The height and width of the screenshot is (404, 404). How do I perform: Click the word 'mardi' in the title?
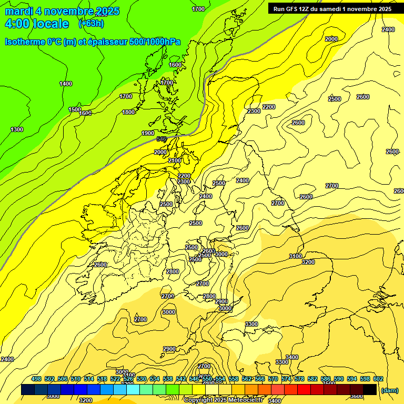pyautogui.click(x=19, y=11)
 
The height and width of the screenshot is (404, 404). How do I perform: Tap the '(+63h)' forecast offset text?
pyautogui.click(x=91, y=23)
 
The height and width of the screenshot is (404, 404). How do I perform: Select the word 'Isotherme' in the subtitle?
pyautogui.click(x=25, y=42)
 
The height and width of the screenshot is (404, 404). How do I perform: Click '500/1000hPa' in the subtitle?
pyautogui.click(x=157, y=42)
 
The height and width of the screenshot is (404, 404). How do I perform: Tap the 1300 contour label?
pyautogui.click(x=17, y=129)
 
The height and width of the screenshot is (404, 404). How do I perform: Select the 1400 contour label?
pyautogui.click(x=66, y=84)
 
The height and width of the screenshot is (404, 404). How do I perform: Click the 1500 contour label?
pyautogui.click(x=75, y=109)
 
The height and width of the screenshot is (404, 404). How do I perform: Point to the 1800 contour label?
pyautogui.click(x=128, y=112)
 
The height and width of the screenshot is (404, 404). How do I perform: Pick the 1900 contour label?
pyautogui.click(x=148, y=133)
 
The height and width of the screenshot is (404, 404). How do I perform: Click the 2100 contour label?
pyautogui.click(x=175, y=160)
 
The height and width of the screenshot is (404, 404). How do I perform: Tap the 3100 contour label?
pyautogui.click(x=296, y=256)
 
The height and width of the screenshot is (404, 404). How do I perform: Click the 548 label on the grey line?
pyautogui.click(x=161, y=139)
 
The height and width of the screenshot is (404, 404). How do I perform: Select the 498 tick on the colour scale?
pyautogui.click(x=36, y=379)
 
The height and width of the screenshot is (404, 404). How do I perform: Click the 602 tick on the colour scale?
pyautogui.click(x=378, y=379)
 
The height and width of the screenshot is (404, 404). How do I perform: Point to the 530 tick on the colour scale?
pyautogui.click(x=142, y=379)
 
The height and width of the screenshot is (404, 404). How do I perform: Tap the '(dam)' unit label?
pyautogui.click(x=389, y=390)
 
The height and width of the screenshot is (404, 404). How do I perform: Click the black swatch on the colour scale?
pyautogui.click(x=370, y=390)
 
